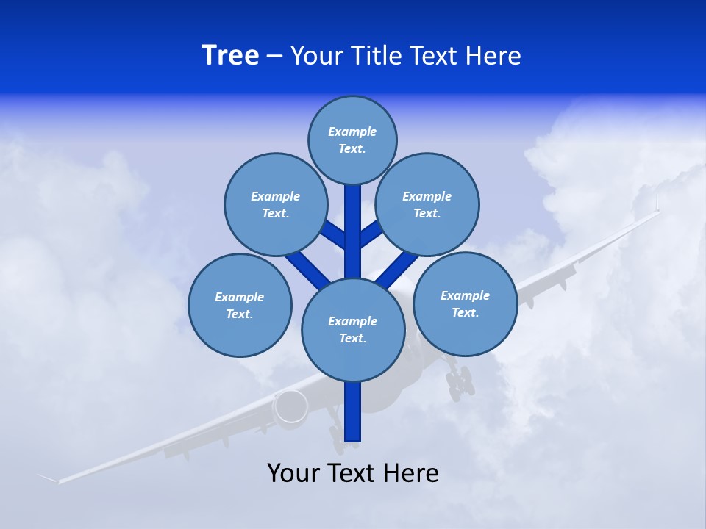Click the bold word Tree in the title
click(x=230, y=55)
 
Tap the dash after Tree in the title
click(x=274, y=57)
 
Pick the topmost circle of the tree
click(x=352, y=140)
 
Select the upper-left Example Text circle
click(x=275, y=204)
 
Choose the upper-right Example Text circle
click(x=427, y=204)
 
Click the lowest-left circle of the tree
click(x=240, y=305)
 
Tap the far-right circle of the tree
click(x=465, y=303)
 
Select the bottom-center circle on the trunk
click(x=353, y=329)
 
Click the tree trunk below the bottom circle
click(x=353, y=411)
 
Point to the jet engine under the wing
click(x=291, y=406)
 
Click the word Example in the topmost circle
click(x=352, y=132)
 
